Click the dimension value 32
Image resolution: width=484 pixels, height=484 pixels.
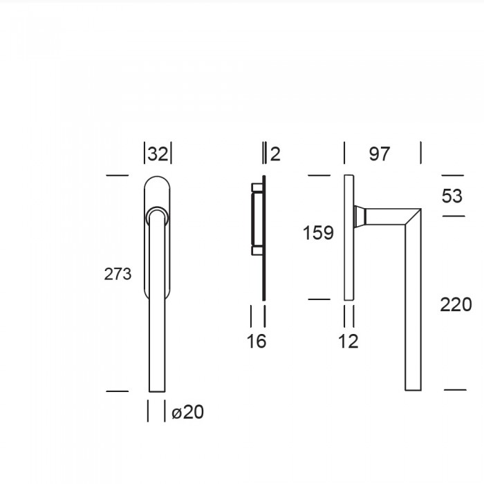point(158,153)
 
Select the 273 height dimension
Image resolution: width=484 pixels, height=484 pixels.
point(118,274)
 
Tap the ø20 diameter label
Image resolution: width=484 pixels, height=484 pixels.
point(187,412)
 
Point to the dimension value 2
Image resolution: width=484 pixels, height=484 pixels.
point(275,154)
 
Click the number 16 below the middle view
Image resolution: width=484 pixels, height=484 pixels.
point(257,342)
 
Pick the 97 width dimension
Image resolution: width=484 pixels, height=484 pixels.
point(380,153)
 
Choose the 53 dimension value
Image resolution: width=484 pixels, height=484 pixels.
point(452,196)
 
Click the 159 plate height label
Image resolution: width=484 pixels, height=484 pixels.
point(318,232)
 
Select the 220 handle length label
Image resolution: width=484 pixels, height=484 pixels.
point(456,305)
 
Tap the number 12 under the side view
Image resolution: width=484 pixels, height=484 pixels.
point(348,342)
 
